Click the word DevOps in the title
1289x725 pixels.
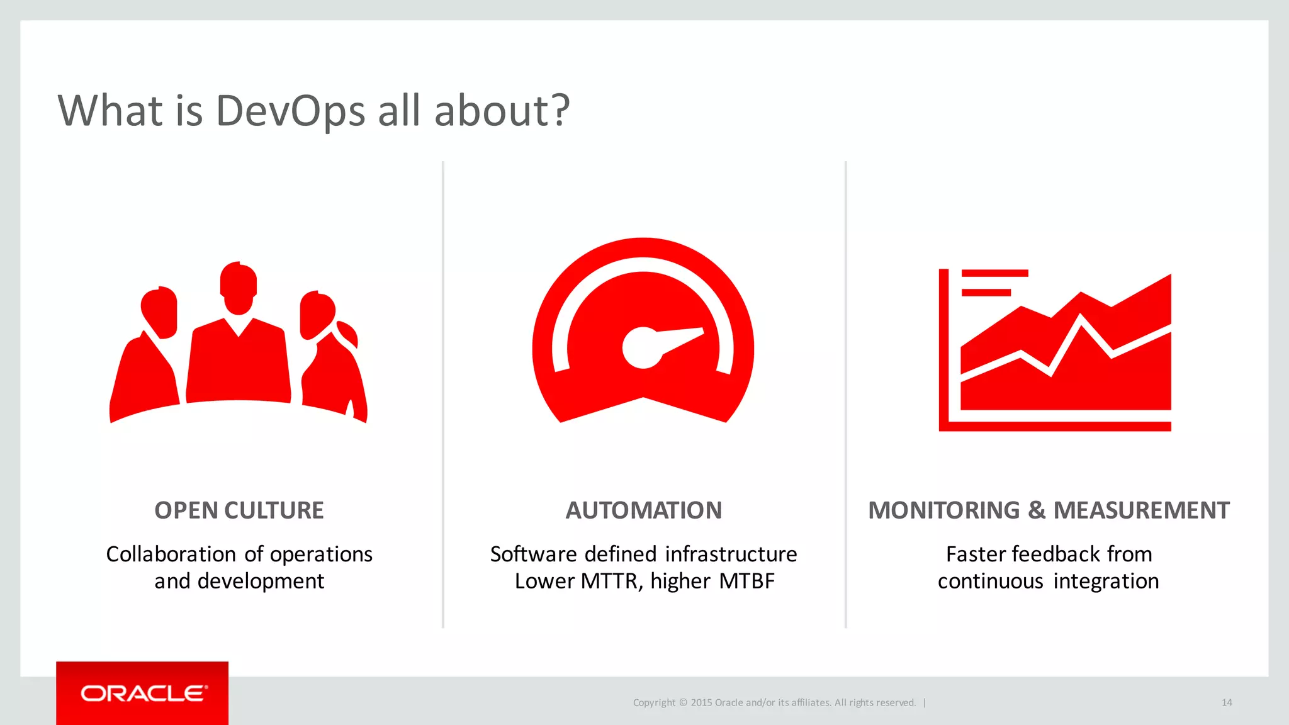[290, 111]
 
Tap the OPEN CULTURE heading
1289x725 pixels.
[239, 510]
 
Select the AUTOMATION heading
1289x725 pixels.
[643, 510]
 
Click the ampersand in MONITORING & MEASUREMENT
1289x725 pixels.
[1037, 510]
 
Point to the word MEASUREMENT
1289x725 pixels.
[1141, 510]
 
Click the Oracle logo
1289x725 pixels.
[144, 694]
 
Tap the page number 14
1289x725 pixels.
[1227, 702]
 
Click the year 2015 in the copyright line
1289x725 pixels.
[701, 702]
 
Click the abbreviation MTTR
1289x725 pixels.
[609, 582]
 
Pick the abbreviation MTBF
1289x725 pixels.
[746, 582]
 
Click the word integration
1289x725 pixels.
[1106, 582]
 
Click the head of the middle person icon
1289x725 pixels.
[239, 287]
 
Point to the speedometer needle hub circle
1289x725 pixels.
[642, 348]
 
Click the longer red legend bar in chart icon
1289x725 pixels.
[994, 273]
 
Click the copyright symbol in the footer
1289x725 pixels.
[683, 702]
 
